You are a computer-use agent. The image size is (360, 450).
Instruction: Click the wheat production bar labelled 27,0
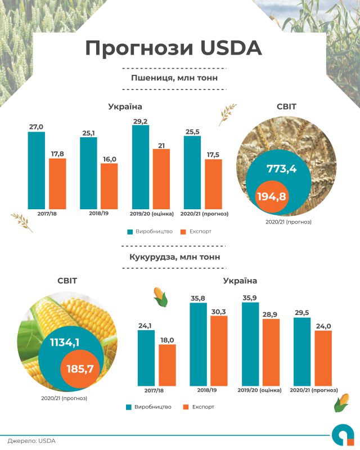pyautogui.click(x=37, y=169)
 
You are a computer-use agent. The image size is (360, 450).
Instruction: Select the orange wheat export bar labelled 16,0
pyautogui.click(x=109, y=185)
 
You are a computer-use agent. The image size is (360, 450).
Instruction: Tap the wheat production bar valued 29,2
pyautogui.click(x=141, y=166)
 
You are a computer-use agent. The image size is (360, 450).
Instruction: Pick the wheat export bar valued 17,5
pyautogui.click(x=213, y=183)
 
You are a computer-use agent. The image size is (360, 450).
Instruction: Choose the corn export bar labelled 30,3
pyautogui.click(x=219, y=350)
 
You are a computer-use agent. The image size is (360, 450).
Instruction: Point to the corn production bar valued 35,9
pyautogui.click(x=250, y=344)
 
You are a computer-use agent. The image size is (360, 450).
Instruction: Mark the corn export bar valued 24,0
pyautogui.click(x=323, y=358)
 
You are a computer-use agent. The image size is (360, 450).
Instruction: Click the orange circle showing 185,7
pyautogui.click(x=79, y=370)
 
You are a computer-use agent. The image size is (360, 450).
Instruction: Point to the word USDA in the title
pyautogui.click(x=227, y=48)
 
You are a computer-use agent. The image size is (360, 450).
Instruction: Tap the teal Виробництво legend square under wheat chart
pyautogui.click(x=130, y=231)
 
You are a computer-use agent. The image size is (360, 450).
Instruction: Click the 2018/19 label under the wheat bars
pyautogui.click(x=99, y=214)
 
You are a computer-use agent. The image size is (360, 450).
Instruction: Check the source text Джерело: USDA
pyautogui.click(x=31, y=441)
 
